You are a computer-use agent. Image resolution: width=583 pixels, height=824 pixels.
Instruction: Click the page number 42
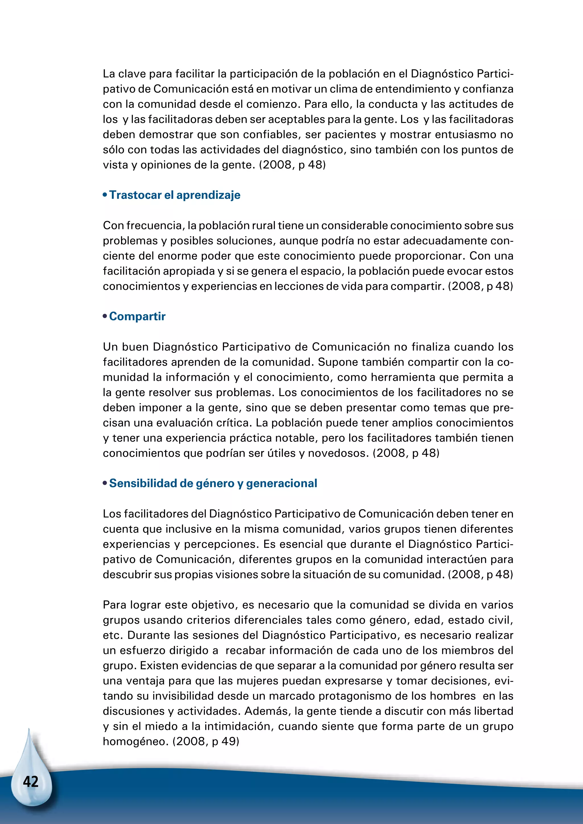pyautogui.click(x=30, y=782)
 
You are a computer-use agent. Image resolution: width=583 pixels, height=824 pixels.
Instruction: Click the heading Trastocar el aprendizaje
pyautogui.click(x=175, y=195)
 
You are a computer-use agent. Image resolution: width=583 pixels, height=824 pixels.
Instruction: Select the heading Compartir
pyautogui.click(x=137, y=316)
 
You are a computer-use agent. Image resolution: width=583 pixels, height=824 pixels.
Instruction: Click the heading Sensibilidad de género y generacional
pyautogui.click(x=213, y=483)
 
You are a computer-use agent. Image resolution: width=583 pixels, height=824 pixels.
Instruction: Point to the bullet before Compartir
pyautogui.click(x=105, y=316)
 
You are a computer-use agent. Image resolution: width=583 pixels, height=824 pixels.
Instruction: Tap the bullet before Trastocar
pyautogui.click(x=105, y=195)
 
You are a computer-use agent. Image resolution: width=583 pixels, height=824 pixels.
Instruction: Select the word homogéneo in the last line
pyautogui.click(x=135, y=741)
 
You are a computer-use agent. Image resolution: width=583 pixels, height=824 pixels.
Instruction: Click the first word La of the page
pyautogui.click(x=109, y=74)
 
